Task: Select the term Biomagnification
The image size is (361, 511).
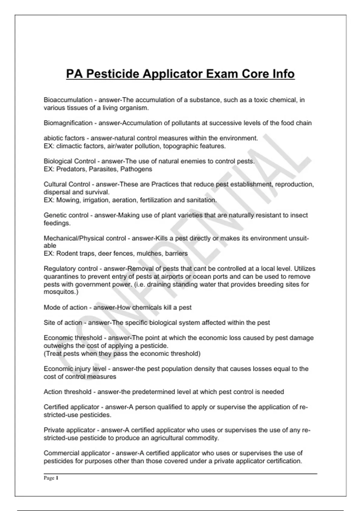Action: coord(68,123)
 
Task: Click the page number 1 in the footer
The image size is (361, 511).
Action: coord(57,478)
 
